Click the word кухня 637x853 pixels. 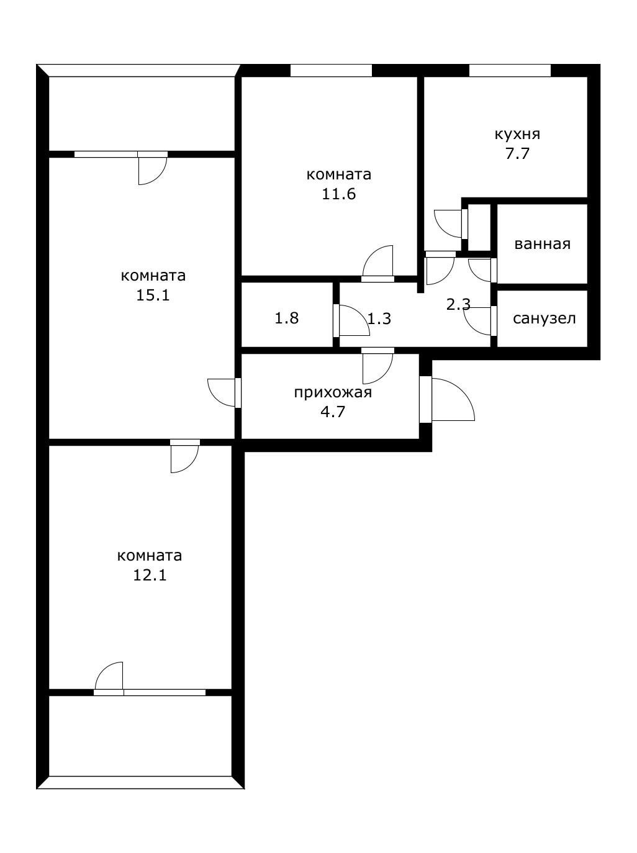[x=517, y=134]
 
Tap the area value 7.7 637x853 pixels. [x=517, y=153]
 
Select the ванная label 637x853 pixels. [x=542, y=244]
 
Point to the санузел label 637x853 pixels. [x=544, y=318]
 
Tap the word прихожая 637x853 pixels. [x=333, y=392]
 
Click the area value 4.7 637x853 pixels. [x=333, y=411]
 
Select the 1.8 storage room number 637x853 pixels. [x=287, y=318]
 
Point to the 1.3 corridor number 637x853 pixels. [x=379, y=319]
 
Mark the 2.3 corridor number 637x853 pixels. [x=458, y=305]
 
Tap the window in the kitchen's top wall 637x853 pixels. [x=510, y=70]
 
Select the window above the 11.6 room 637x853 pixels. [x=331, y=70]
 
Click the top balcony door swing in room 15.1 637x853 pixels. [x=151, y=170]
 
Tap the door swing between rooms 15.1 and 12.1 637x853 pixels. [x=184, y=458]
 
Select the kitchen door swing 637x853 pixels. [x=448, y=223]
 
